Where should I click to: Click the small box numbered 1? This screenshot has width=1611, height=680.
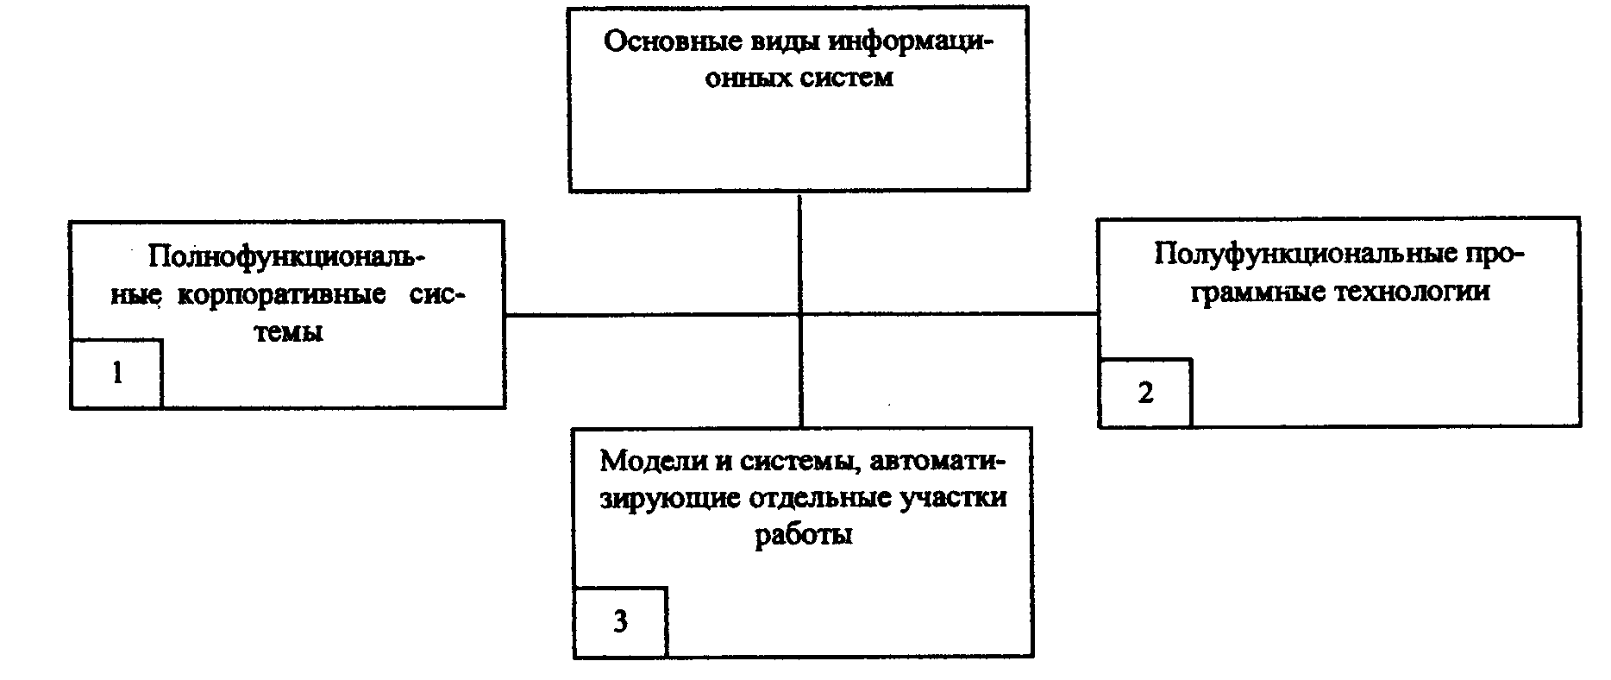(x=116, y=374)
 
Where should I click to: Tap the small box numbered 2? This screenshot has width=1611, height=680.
(x=1145, y=394)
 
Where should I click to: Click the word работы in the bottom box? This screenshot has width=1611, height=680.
(x=804, y=535)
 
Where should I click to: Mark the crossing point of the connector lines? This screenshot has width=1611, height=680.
(x=800, y=315)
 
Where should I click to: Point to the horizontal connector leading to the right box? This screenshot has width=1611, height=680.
(x=949, y=315)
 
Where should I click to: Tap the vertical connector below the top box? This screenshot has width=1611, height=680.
(x=800, y=250)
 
